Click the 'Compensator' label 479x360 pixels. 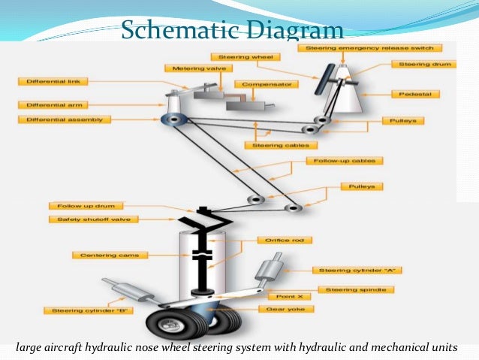coord(257,84)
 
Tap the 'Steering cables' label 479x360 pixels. coord(274,145)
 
